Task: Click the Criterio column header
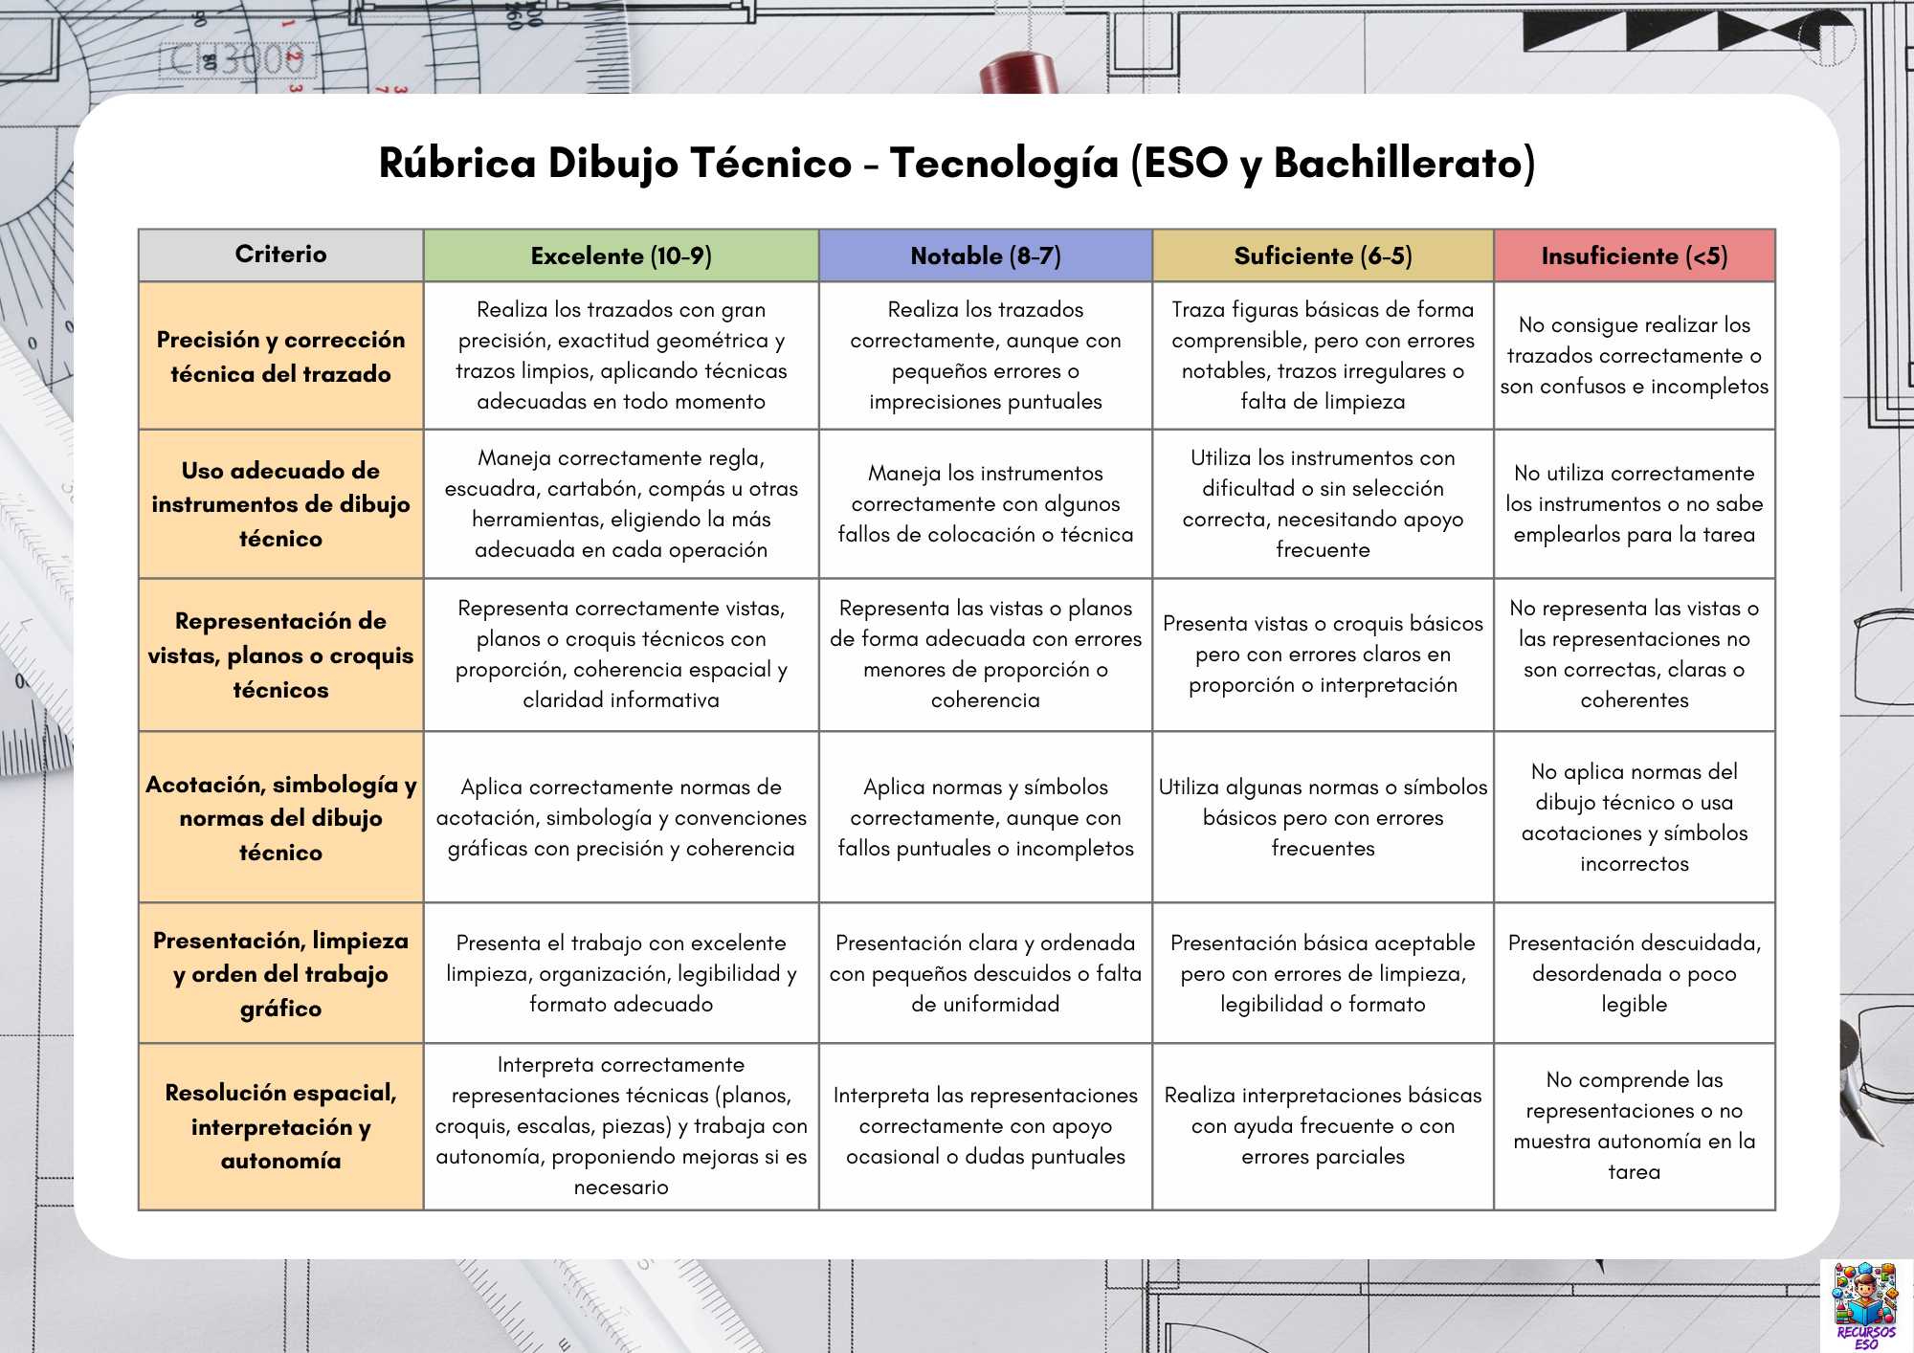coord(280,255)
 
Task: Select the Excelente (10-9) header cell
coord(621,255)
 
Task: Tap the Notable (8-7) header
coord(986,255)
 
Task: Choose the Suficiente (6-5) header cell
coord(1323,255)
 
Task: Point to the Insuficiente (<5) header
coord(1634,255)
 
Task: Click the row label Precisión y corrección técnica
coord(280,356)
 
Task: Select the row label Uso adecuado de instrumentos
coord(280,504)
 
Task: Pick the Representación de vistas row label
coord(280,654)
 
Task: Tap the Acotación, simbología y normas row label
coord(280,817)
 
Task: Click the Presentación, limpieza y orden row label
coord(280,973)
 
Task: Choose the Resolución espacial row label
coord(280,1126)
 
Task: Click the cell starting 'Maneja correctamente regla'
coord(621,503)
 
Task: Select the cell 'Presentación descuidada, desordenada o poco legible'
coord(1634,973)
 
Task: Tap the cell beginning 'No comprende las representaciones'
coord(1634,1125)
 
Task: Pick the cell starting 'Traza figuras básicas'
coord(1323,355)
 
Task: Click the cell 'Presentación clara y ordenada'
coord(986,973)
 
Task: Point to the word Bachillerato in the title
coord(1404,163)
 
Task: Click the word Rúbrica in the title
coord(456,163)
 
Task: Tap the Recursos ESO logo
coord(1863,1303)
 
